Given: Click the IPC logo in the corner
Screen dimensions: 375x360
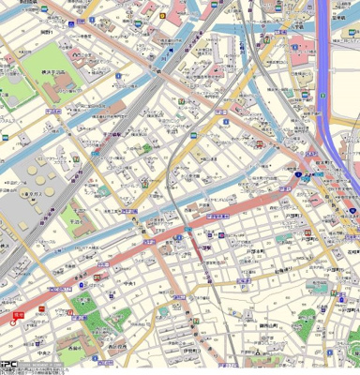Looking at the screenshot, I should pyautogui.click(x=9, y=367).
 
